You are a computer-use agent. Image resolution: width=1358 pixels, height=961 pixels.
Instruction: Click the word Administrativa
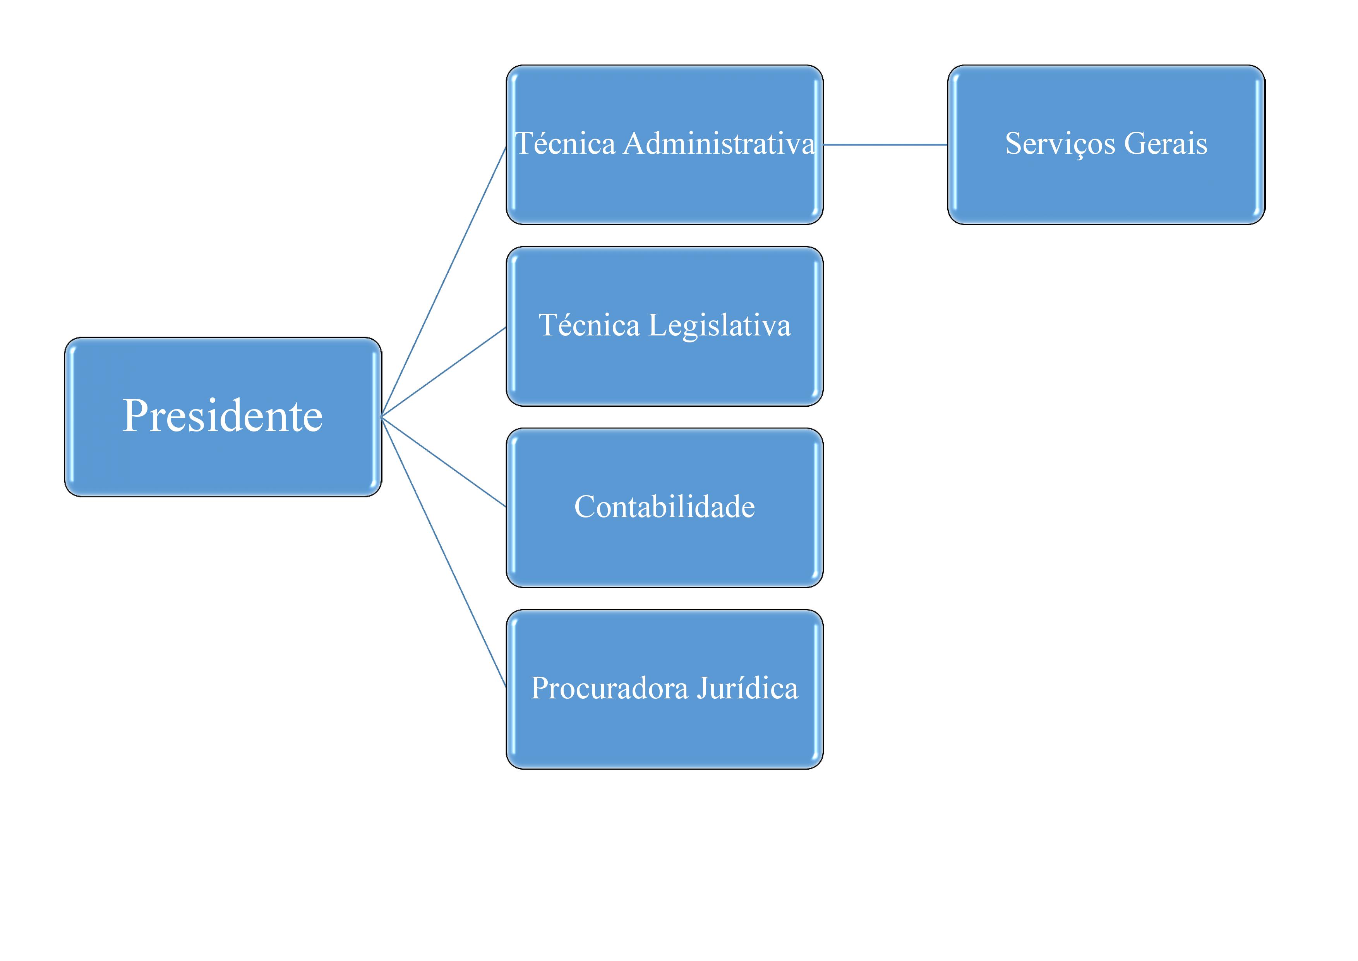point(718,144)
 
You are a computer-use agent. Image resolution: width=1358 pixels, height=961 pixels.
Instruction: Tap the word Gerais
point(1165,144)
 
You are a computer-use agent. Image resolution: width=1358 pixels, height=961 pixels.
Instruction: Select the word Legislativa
point(719,325)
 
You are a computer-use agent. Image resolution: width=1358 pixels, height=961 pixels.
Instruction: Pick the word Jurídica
point(747,688)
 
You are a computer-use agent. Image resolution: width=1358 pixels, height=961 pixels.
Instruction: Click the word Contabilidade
point(664,507)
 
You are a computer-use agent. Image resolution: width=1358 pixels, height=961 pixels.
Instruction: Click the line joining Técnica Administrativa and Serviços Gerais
point(885,144)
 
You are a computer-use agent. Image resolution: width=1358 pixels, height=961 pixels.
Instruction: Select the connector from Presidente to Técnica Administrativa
point(444,282)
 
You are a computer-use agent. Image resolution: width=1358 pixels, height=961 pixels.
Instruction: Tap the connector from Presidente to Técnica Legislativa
point(444,371)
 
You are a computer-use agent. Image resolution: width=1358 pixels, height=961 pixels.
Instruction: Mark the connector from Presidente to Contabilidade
point(444,462)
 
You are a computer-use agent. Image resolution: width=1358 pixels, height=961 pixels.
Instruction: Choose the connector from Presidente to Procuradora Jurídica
point(444,552)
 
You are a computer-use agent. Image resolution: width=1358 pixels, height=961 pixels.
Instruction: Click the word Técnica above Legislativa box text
point(589,325)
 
